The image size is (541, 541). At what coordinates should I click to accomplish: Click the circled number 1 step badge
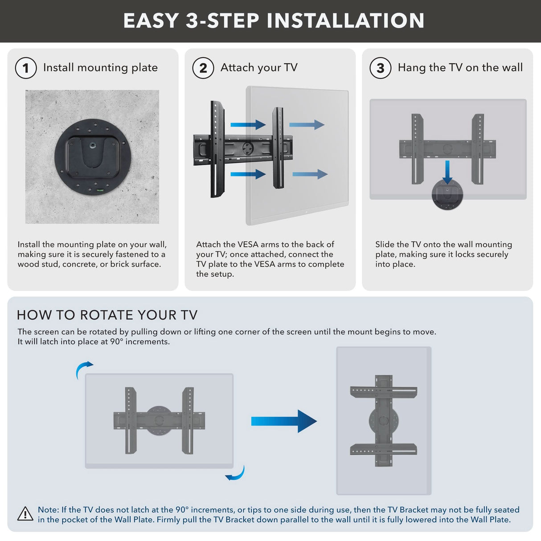[26, 68]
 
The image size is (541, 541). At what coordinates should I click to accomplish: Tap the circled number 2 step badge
[203, 68]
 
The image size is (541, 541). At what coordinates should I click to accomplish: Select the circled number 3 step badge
[381, 68]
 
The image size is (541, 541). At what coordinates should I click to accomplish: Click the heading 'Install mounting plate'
[100, 68]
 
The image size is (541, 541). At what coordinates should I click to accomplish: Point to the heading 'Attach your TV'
[259, 68]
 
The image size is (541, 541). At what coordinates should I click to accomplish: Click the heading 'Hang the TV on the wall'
[460, 68]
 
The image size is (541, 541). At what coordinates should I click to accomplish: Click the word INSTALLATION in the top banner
[346, 21]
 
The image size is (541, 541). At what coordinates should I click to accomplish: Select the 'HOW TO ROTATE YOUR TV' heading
[107, 315]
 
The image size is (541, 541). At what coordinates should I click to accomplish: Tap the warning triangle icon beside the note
[25, 514]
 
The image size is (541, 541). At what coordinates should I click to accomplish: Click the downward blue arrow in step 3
[447, 172]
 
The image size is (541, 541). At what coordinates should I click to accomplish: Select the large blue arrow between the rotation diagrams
[283, 421]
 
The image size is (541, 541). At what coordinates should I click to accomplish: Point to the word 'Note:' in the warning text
[48, 509]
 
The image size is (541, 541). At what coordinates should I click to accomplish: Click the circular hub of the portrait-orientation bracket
[383, 420]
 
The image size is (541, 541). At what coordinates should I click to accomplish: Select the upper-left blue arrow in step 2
[248, 125]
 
